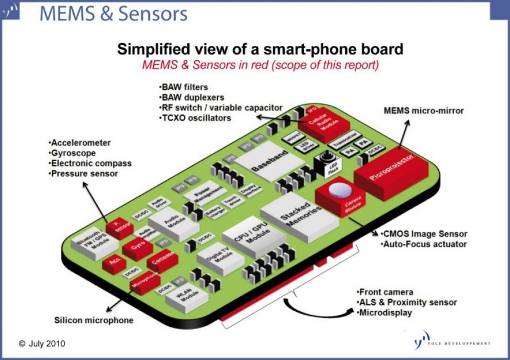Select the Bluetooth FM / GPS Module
pyautogui.click(x=95, y=243)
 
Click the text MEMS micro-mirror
pyautogui.click(x=424, y=111)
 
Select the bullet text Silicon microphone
pyautogui.click(x=94, y=320)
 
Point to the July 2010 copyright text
pyautogui.click(x=42, y=344)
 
